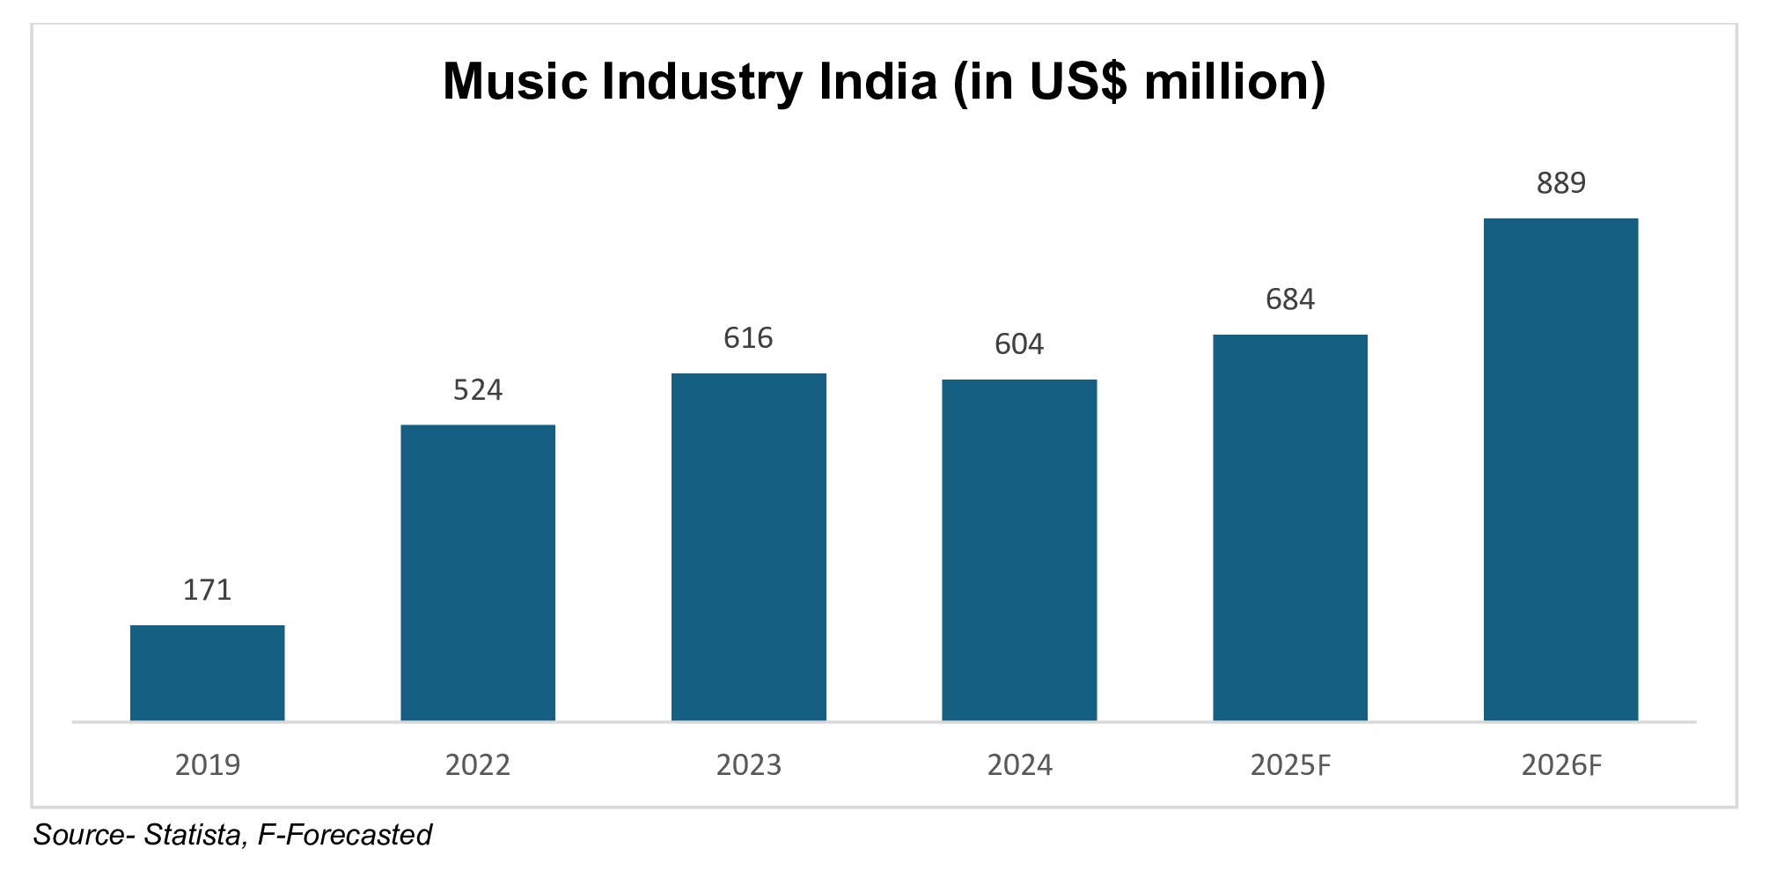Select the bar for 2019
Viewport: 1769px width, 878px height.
[208, 673]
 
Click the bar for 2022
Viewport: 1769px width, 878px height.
[478, 572]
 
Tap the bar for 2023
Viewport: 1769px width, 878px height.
[749, 547]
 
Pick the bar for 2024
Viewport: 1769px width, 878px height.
[1019, 550]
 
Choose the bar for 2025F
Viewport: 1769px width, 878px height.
[1290, 528]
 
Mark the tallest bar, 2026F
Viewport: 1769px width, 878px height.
[1560, 469]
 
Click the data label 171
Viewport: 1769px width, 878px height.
[208, 590]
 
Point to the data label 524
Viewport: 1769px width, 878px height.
[478, 390]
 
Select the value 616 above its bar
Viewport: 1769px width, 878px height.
[749, 338]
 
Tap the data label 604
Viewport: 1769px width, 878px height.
[1019, 344]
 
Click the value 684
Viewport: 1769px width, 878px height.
[1290, 300]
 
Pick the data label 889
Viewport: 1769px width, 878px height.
[1560, 183]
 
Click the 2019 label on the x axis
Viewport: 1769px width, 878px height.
[208, 765]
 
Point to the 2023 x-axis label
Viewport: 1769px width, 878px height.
[749, 765]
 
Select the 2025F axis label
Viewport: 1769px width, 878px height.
[1290, 765]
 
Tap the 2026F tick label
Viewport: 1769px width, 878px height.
[1560, 765]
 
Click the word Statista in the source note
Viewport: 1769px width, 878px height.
[193, 835]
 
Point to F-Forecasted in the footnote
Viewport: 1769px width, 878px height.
[344, 835]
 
